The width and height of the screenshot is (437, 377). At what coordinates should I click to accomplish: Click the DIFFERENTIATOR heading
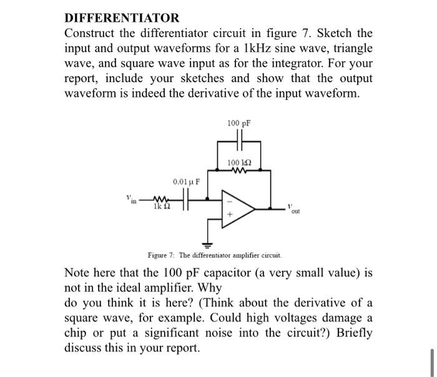click(122, 18)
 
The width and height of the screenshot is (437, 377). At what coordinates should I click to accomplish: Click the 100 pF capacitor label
click(239, 123)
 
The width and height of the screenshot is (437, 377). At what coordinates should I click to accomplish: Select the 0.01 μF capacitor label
click(186, 182)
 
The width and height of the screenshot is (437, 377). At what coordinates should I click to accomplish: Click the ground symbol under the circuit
click(207, 243)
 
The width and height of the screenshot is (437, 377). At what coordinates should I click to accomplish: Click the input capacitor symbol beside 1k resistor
click(185, 201)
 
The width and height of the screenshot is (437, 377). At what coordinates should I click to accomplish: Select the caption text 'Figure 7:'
click(161, 255)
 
